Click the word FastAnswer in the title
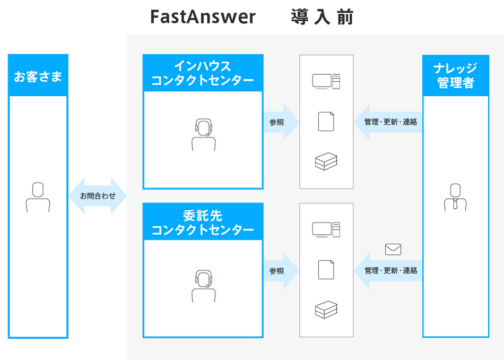pos(203,17)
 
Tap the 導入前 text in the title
pos(321,17)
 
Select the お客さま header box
pos(38,76)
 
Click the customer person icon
pos(38,198)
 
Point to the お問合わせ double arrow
pos(98,196)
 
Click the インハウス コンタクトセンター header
pos(203,73)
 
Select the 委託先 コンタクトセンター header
pos(203,222)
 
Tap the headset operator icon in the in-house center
pos(203,135)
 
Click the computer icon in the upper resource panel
pos(326,81)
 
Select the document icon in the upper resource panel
pos(326,121)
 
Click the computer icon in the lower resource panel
pos(326,229)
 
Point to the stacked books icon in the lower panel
pos(326,310)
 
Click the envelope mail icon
pos(393,249)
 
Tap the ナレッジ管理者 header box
pos(455,75)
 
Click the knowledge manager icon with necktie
pos(455,198)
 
